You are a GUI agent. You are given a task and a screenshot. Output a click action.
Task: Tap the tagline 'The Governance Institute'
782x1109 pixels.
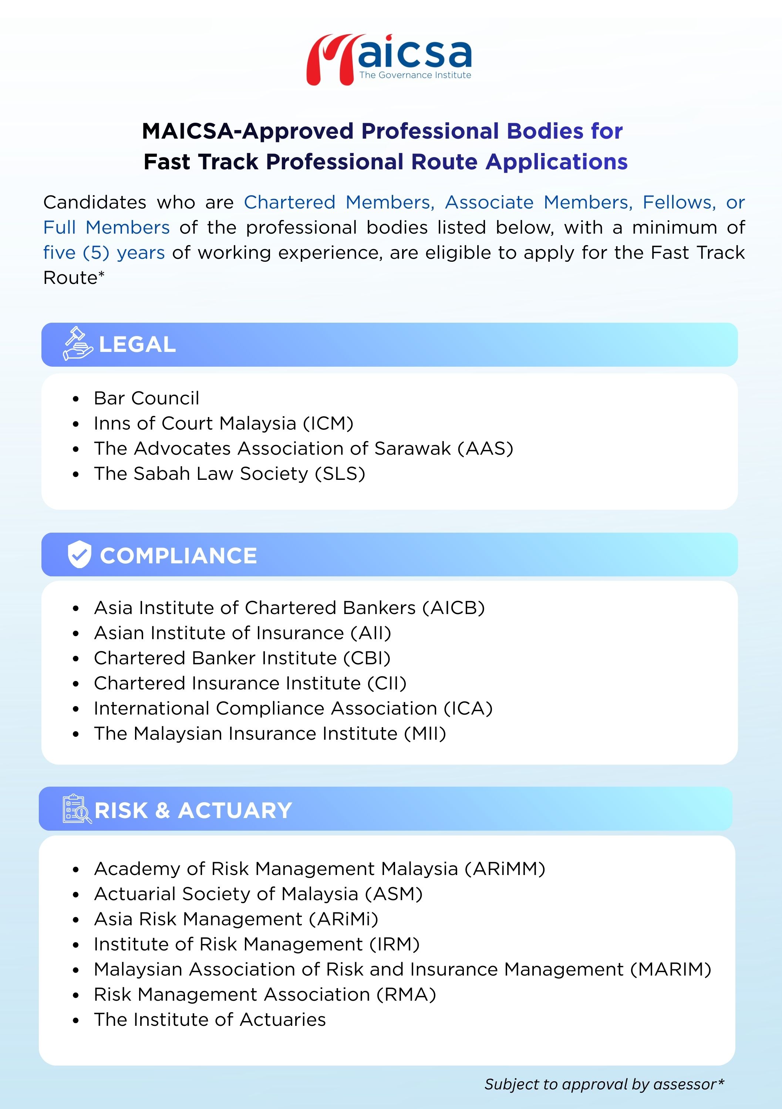[x=415, y=75]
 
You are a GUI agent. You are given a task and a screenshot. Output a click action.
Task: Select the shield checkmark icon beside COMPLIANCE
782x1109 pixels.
[x=79, y=554]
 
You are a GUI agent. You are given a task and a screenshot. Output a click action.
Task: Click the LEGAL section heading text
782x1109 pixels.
[x=137, y=345]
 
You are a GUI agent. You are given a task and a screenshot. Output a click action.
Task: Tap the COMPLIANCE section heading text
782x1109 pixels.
[x=178, y=556]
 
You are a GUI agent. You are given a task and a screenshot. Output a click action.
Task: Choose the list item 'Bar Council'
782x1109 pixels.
[x=146, y=398]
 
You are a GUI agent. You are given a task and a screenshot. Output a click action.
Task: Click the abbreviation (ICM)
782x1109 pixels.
[x=328, y=423]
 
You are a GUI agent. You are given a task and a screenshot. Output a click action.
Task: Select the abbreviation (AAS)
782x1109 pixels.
[x=485, y=448]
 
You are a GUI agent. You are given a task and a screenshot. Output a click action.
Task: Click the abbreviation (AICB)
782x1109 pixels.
[x=454, y=608]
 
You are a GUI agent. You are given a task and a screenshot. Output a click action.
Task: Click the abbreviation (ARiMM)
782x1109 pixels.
[x=505, y=868]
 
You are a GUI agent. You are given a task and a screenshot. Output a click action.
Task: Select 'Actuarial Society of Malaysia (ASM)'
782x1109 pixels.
[x=259, y=893]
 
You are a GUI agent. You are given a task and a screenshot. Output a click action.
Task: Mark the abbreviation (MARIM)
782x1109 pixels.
[x=670, y=969]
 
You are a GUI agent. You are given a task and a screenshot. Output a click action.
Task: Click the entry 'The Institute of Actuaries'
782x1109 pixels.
[x=210, y=1019]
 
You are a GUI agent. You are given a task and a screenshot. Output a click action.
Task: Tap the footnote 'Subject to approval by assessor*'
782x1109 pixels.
[x=604, y=1084]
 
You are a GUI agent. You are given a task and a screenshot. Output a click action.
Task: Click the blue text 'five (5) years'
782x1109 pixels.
[x=104, y=252]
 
